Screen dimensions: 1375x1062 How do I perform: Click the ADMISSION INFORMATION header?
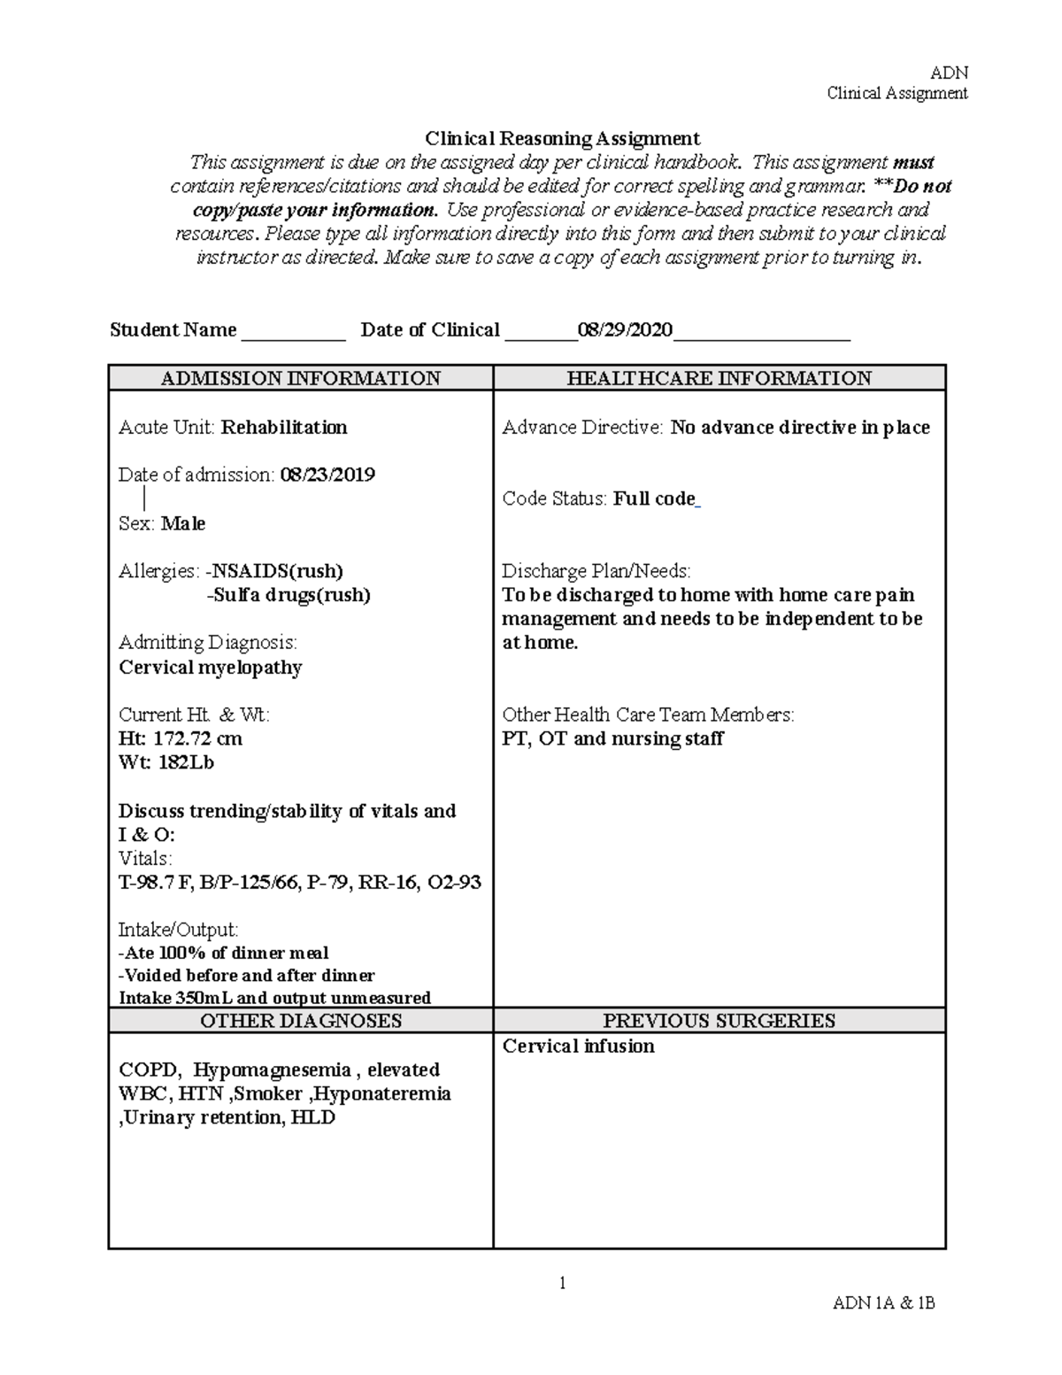click(x=300, y=378)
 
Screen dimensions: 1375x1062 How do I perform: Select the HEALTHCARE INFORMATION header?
click(x=719, y=378)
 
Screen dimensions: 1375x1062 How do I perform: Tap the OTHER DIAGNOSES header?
click(x=300, y=1021)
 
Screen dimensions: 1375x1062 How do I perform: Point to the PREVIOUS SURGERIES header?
click(x=719, y=1021)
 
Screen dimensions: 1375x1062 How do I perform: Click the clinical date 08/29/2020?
click(x=625, y=330)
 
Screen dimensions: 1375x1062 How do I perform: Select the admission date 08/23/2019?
click(x=327, y=475)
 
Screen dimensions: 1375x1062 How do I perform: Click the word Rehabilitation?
click(x=284, y=428)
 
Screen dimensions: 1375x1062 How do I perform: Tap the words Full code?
click(x=654, y=498)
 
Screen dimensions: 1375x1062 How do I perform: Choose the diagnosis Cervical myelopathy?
click(x=211, y=667)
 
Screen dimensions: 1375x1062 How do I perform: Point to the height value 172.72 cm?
click(x=197, y=738)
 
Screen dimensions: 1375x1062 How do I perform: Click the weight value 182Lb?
click(x=186, y=762)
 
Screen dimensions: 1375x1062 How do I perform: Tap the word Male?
click(x=183, y=523)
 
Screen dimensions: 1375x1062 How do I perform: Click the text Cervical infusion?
click(x=579, y=1046)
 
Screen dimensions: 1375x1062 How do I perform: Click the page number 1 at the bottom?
click(x=562, y=1282)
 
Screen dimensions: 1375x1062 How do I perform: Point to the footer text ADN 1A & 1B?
click(x=883, y=1302)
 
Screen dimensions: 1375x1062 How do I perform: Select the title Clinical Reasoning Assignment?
click(x=562, y=138)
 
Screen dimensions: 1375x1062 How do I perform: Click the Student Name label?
click(x=173, y=330)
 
